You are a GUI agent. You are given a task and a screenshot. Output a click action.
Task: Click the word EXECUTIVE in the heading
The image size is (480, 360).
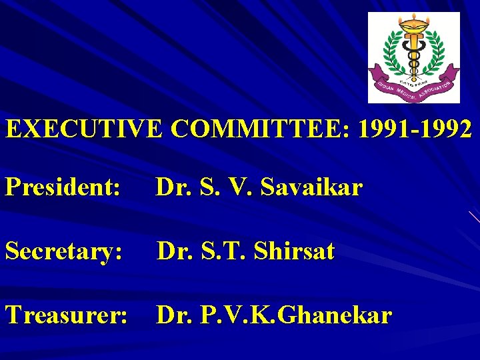click(x=83, y=128)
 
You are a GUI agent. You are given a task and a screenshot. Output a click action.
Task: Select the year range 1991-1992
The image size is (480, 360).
click(x=415, y=128)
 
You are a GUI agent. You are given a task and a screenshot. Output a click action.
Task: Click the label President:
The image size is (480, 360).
click(x=63, y=188)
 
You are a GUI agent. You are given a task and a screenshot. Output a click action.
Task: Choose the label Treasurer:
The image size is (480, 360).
click(x=66, y=315)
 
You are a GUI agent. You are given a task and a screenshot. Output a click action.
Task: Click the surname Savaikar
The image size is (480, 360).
click(x=312, y=188)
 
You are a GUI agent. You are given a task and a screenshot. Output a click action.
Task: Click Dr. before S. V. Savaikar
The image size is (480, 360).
click(x=173, y=188)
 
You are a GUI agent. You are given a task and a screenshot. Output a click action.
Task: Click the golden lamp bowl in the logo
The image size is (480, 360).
click(x=413, y=27)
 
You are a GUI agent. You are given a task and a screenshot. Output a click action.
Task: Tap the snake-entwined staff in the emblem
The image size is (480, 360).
click(x=413, y=57)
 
